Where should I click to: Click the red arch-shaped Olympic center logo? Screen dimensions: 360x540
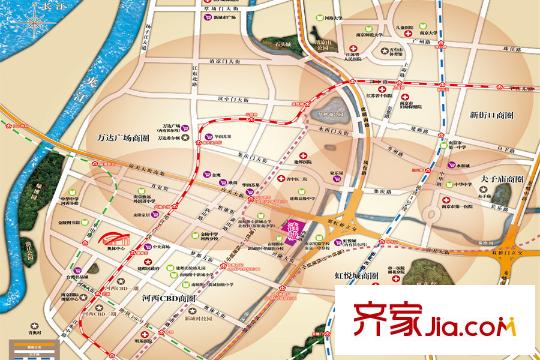(108, 240)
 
